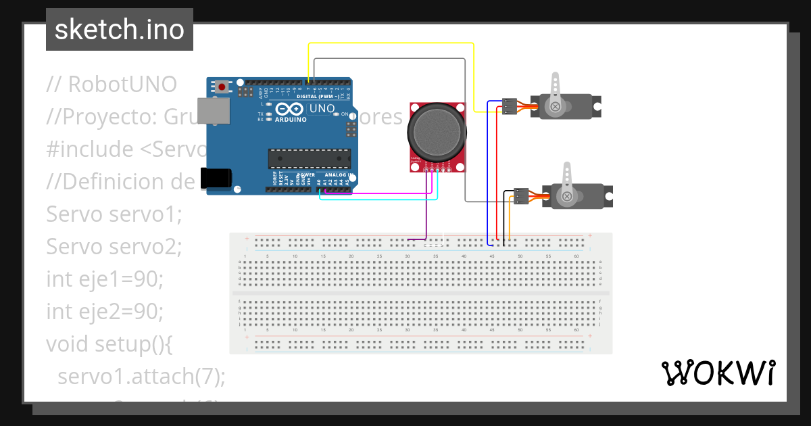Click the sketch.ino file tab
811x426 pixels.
point(120,30)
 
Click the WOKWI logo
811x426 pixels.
point(718,373)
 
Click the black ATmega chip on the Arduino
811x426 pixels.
point(310,158)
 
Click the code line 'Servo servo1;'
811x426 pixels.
point(114,214)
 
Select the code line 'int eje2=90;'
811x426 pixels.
point(105,312)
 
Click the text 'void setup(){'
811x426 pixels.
point(109,344)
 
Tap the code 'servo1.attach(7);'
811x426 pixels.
point(141,376)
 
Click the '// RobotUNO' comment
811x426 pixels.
point(112,85)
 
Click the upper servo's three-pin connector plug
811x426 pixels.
point(510,105)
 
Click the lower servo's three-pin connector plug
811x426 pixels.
point(521,195)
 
